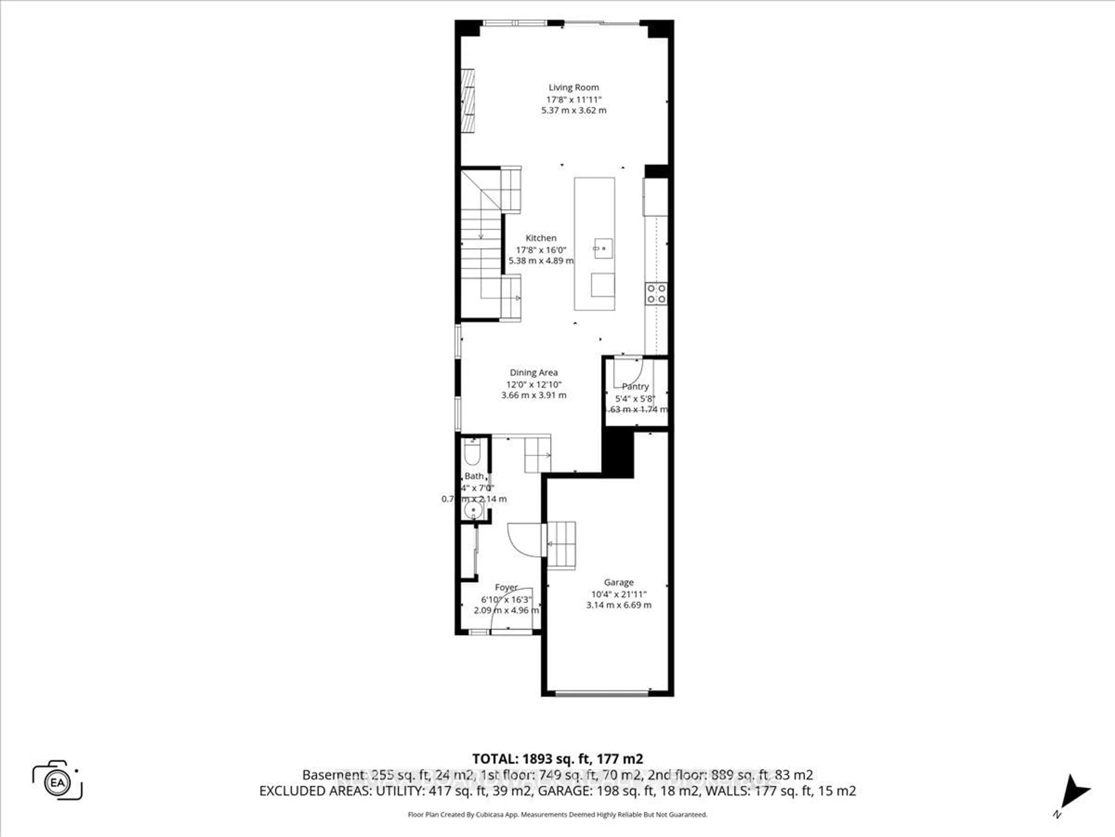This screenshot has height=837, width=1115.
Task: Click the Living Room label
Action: click(x=574, y=87)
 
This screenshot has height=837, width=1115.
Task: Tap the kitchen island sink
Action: click(x=603, y=248)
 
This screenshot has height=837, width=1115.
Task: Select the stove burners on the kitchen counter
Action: click(x=656, y=294)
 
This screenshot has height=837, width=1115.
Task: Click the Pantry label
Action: click(x=635, y=387)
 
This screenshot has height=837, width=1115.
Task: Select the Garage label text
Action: click(x=618, y=582)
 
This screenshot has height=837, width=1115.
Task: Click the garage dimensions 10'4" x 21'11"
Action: click(x=618, y=594)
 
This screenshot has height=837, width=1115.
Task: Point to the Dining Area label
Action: click(x=533, y=372)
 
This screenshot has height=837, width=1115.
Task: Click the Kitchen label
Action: click(x=541, y=238)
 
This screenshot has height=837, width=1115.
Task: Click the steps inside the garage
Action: click(x=561, y=545)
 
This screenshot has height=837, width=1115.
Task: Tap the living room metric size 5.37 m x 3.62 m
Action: click(x=574, y=110)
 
